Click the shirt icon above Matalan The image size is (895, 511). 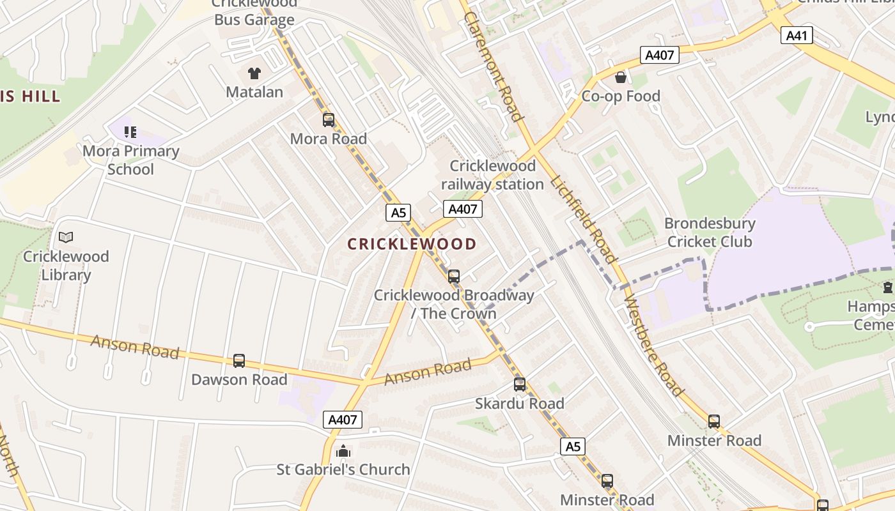coord(254,73)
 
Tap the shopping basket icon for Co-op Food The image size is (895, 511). coord(620,78)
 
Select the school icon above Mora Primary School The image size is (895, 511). coord(130,132)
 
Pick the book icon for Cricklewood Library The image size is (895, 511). coord(66,238)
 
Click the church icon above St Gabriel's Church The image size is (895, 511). coord(343,451)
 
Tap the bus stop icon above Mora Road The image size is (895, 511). coord(329,119)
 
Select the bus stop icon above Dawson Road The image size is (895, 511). coord(239,360)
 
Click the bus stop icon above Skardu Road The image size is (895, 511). coord(520,384)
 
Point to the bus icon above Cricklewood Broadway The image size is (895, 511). coord(454,276)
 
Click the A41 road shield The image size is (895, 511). coord(797,35)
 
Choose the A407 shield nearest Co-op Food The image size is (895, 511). coord(660,55)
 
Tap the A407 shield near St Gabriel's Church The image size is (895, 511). coord(343,420)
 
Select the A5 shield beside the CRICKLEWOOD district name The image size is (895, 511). coord(398,213)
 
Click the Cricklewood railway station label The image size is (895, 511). coord(492,175)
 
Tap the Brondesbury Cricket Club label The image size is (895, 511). coord(710,233)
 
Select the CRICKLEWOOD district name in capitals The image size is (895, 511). coord(412,243)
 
